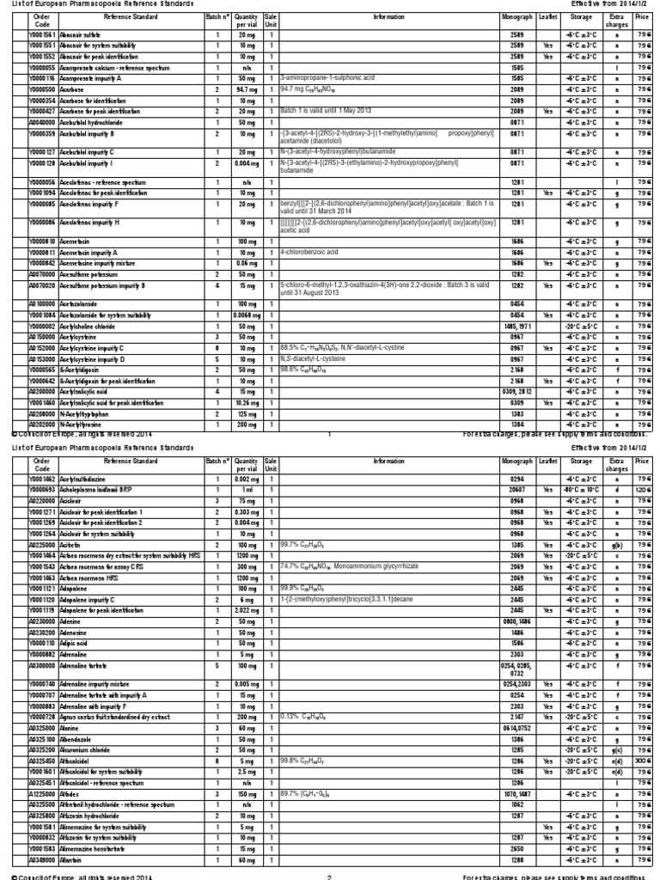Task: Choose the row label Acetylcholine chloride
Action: (91, 327)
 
